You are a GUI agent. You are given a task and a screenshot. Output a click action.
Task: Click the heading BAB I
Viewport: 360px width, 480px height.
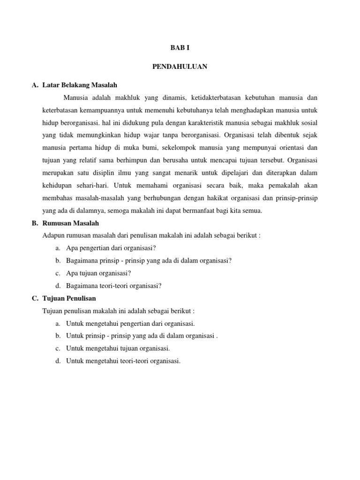pos(180,48)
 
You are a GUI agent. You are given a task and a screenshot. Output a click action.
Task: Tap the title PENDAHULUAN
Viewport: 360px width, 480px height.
pos(180,67)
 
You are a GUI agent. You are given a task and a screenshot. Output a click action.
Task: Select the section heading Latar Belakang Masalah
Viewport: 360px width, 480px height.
pos(79,85)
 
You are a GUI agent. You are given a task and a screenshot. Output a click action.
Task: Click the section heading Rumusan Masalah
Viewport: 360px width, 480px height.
pos(70,223)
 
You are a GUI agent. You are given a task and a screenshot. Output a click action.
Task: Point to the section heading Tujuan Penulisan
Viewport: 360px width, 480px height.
pos(69,298)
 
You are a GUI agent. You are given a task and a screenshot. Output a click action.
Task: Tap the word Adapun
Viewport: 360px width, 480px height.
pos(52,235)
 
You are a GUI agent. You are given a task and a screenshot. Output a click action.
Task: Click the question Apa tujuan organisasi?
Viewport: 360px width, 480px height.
pos(98,273)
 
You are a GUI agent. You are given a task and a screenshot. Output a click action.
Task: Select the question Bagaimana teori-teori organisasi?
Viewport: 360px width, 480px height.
pos(114,285)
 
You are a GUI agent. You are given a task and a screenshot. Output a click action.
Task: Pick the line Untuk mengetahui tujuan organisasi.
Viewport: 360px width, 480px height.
pos(118,348)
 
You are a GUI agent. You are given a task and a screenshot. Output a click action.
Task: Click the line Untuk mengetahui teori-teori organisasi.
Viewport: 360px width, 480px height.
pos(123,361)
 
